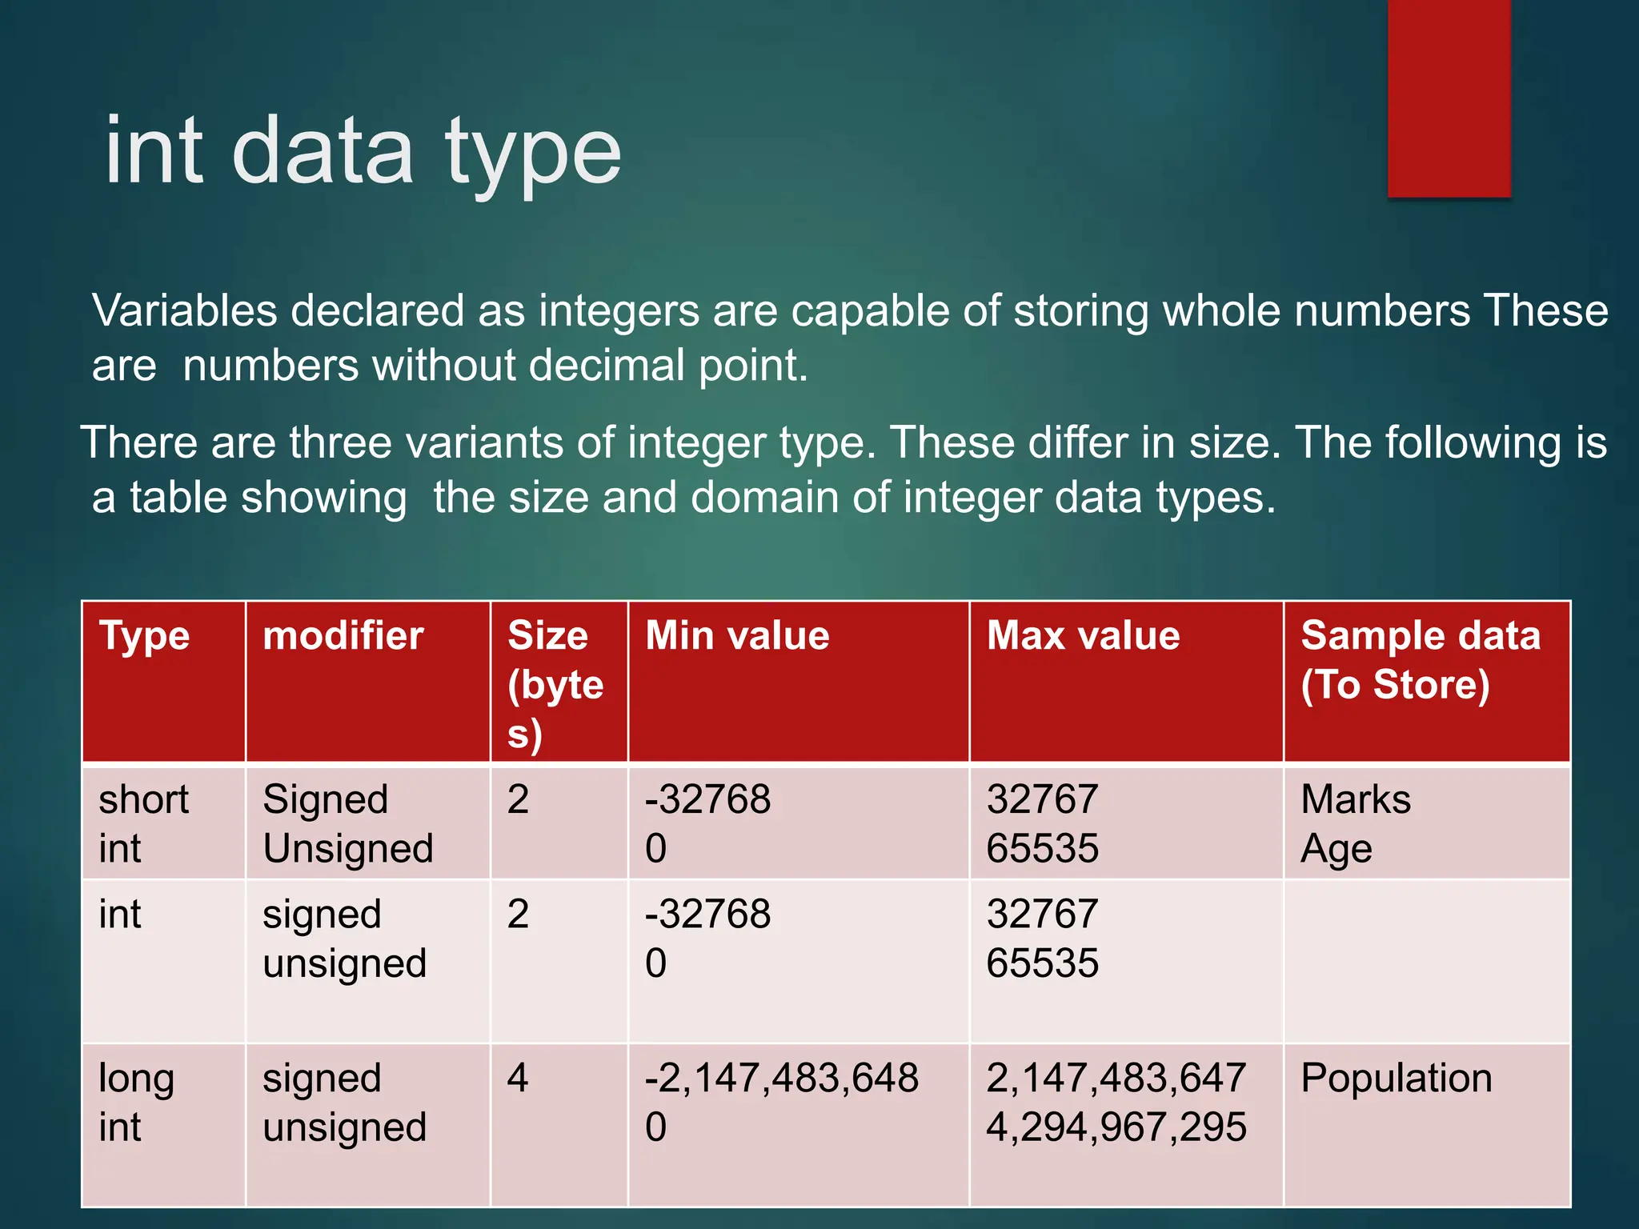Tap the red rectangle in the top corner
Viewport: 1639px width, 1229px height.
(1449, 98)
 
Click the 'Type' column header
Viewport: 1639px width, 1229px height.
(144, 637)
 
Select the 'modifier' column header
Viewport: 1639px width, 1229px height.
(343, 637)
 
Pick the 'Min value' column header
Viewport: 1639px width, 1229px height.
(737, 637)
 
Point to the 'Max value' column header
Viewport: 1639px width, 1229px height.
(1083, 637)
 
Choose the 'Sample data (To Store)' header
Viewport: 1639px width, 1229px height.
(1420, 661)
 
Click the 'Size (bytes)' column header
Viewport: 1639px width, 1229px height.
(555, 685)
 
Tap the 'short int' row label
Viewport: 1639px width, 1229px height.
(143, 823)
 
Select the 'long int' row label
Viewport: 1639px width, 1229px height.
(136, 1103)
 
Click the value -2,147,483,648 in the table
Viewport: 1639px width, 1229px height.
(782, 1079)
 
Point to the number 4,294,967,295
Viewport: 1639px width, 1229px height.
(1116, 1127)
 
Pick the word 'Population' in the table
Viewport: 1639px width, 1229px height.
(1397, 1079)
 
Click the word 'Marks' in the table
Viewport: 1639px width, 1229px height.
(1356, 799)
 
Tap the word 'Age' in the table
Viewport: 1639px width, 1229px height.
(1336, 849)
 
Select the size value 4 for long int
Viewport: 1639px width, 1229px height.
(518, 1079)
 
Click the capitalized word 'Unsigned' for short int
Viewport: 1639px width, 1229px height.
(348, 849)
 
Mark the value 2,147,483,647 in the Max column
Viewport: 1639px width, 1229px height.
(1116, 1079)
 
